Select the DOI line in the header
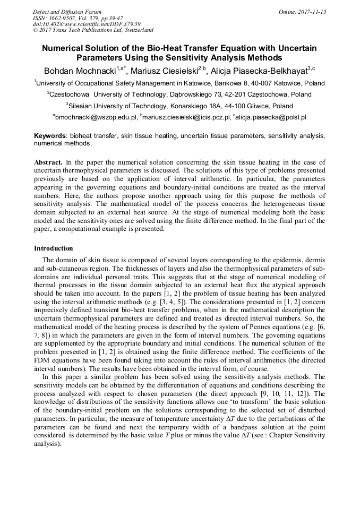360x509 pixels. tap(87, 24)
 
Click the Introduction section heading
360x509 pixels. tap(54, 248)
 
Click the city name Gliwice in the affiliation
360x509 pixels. tap(253, 106)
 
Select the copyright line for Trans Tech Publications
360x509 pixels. tap(93, 30)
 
